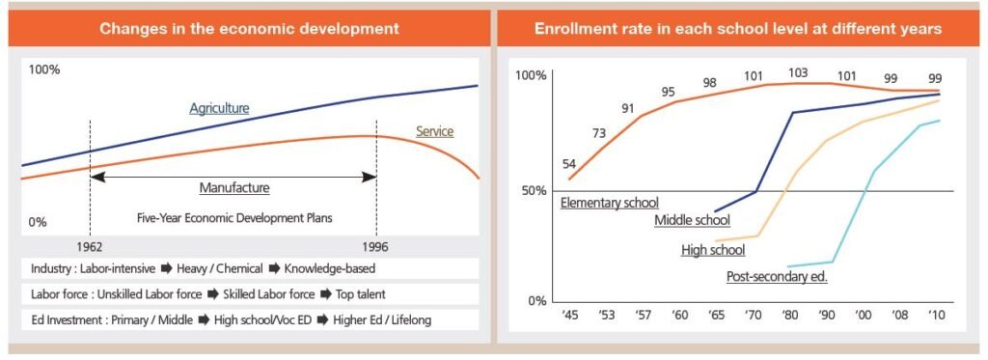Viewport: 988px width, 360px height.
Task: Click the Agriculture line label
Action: [219, 108]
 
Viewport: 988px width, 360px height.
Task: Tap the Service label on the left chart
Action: [435, 132]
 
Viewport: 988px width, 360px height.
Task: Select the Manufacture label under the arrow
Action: [234, 187]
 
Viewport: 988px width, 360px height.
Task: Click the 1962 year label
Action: [90, 246]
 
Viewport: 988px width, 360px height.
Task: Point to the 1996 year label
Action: [376, 246]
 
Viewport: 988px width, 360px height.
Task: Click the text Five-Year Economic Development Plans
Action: [234, 219]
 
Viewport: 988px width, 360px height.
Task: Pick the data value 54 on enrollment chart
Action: [569, 164]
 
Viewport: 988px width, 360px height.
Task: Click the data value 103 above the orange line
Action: [798, 73]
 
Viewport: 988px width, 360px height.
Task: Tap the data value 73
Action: [598, 133]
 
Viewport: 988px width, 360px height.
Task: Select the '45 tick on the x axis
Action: [568, 315]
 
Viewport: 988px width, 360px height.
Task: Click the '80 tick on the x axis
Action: [788, 315]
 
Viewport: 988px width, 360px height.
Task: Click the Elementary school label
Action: [610, 203]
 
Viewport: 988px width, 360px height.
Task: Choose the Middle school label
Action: [693, 220]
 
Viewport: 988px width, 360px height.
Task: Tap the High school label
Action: [713, 250]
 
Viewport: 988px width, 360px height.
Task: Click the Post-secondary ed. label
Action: [777, 277]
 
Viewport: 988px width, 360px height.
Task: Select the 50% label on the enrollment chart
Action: [531, 190]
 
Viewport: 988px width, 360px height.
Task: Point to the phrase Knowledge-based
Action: [330, 269]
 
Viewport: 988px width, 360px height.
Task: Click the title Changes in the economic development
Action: [250, 28]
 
